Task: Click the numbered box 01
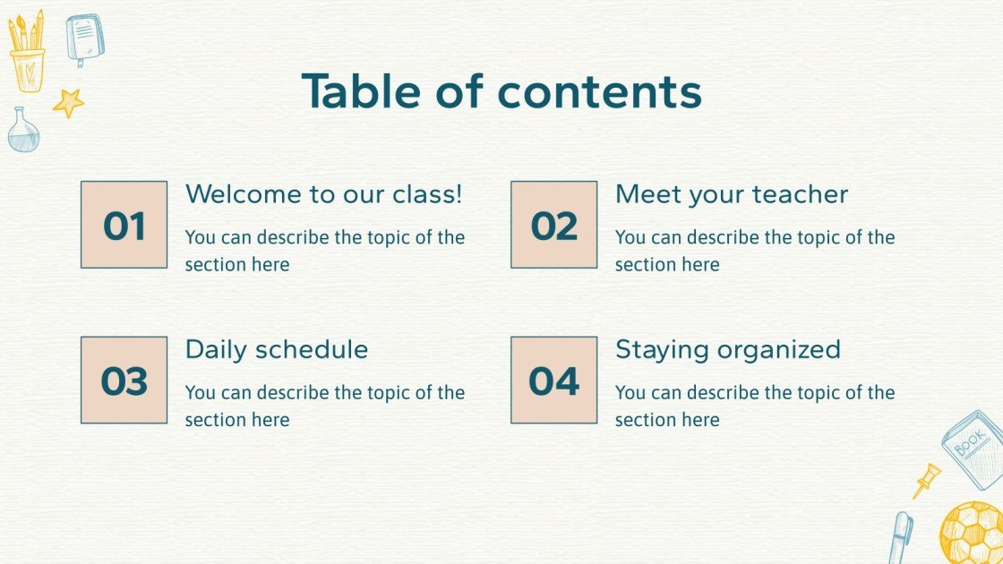[124, 225]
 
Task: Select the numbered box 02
[553, 225]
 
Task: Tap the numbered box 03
[124, 380]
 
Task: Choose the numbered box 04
[553, 380]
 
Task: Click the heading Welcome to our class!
[323, 194]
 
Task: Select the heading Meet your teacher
[731, 194]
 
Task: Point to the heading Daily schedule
[276, 349]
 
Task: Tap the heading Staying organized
[727, 349]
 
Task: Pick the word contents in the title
[599, 91]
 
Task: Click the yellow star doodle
[68, 103]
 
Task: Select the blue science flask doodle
[22, 131]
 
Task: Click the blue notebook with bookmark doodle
[84, 38]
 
